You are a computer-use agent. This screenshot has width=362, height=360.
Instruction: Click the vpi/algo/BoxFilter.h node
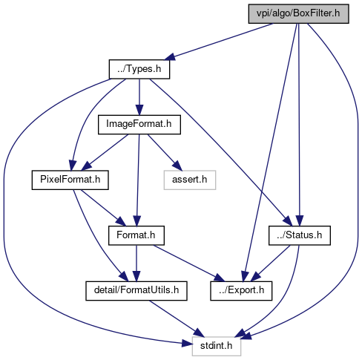tap(298, 13)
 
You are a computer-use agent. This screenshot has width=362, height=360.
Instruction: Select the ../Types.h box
tap(139, 69)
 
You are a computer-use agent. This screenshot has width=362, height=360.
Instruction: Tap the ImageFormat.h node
tap(139, 125)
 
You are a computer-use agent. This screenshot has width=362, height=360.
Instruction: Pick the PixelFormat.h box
tap(70, 180)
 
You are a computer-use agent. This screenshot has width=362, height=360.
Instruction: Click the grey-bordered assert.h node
tap(190, 180)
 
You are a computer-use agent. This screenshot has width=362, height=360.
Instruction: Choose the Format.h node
tap(136, 235)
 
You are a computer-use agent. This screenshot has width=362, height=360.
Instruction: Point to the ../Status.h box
tap(300, 235)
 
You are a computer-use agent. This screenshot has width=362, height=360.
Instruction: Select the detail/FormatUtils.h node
tap(136, 291)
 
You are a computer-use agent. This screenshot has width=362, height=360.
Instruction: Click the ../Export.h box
tap(241, 291)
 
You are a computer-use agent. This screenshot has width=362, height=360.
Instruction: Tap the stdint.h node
tap(217, 346)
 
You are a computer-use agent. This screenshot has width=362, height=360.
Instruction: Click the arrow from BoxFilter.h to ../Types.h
tap(219, 42)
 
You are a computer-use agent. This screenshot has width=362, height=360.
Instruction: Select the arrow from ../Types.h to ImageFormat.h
tap(139, 97)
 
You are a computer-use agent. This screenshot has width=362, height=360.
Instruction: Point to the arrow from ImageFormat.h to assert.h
tap(165, 152)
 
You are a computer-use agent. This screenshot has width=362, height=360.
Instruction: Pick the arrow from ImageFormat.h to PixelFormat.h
tap(105, 152)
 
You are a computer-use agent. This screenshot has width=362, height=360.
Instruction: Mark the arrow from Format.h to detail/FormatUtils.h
tap(136, 264)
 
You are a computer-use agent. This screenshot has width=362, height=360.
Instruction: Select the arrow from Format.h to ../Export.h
tap(189, 264)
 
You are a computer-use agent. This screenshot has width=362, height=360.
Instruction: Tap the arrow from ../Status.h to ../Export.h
tap(270, 264)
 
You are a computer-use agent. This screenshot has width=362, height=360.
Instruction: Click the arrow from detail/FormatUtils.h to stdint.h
tap(177, 318)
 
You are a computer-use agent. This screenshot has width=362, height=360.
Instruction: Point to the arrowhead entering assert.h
tap(177, 166)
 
